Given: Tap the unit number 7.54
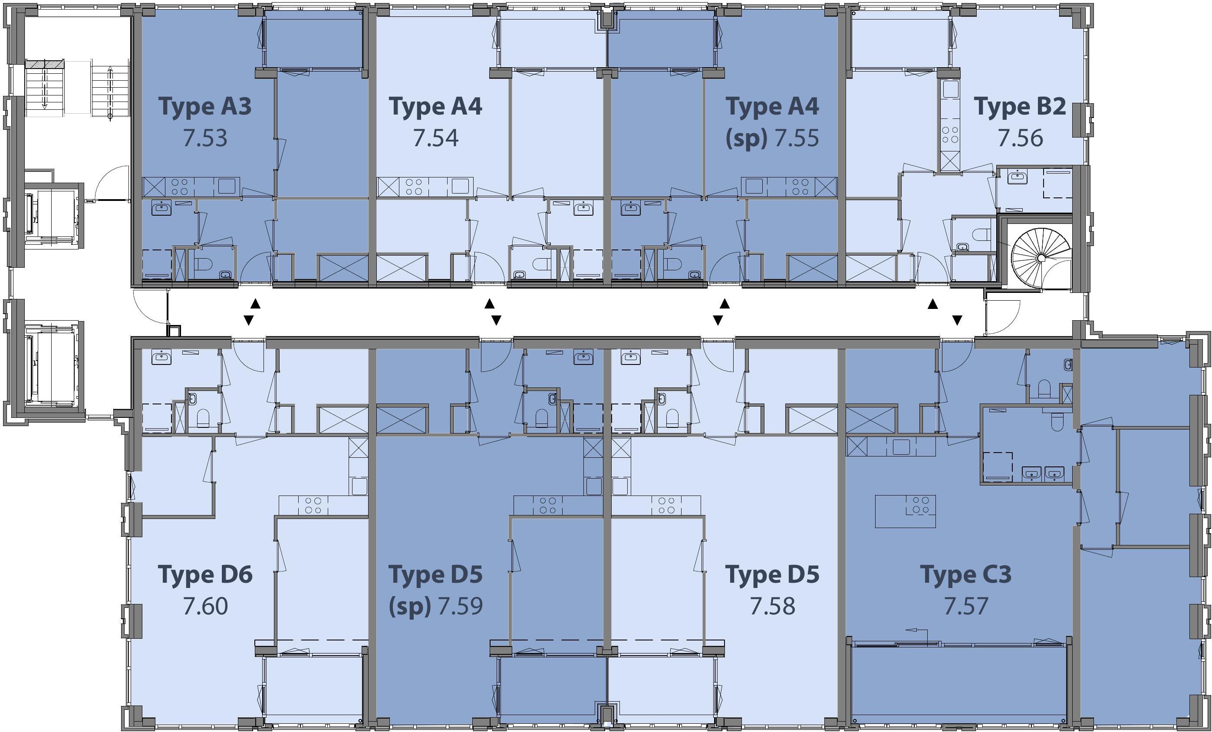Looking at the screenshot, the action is tap(435, 138).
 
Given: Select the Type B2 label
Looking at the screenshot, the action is tap(1020, 107).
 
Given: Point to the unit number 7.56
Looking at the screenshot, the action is tap(1020, 138).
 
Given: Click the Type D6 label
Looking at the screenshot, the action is tap(205, 574).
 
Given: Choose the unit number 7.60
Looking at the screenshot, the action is tap(205, 606).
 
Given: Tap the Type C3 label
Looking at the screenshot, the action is tap(965, 574).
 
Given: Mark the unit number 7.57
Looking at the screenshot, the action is tap(965, 606).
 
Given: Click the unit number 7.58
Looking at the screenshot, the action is tap(772, 606).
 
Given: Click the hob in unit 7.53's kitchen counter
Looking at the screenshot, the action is tap(179, 187).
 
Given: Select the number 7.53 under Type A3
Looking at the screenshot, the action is tap(205, 138).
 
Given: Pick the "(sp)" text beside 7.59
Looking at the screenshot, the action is tap(410, 606).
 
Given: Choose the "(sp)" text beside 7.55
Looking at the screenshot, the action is tap(746, 138).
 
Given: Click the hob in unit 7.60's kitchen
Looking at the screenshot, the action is tap(313, 506).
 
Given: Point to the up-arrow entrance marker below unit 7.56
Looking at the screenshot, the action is tap(932, 305).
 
